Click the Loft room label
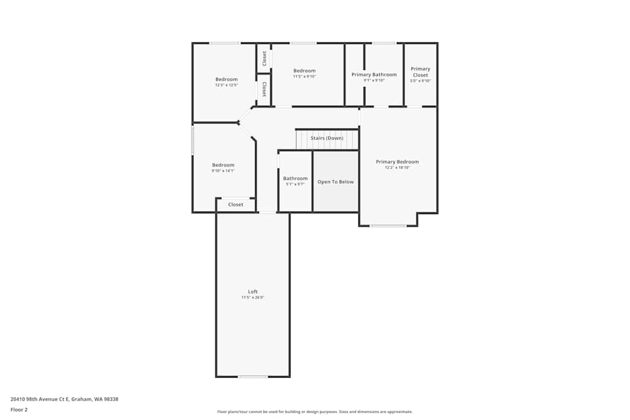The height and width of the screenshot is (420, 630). [x=253, y=292]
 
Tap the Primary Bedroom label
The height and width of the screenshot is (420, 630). [x=397, y=162]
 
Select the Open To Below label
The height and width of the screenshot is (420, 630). [x=335, y=182]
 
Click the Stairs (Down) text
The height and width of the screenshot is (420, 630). [x=327, y=138]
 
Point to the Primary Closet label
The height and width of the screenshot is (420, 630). [x=420, y=72]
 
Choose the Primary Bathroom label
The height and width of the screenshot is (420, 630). [x=374, y=74]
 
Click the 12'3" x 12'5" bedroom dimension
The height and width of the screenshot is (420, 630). [x=227, y=85]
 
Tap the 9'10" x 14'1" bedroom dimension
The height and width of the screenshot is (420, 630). [x=223, y=171]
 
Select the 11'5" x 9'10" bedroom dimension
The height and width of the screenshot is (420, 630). [x=304, y=76]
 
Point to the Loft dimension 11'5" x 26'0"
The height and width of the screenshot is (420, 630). [x=253, y=297]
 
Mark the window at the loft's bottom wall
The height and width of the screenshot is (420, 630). [x=253, y=377]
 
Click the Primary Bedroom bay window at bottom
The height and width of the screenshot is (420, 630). [x=388, y=225]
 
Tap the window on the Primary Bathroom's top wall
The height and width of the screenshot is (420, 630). [x=384, y=43]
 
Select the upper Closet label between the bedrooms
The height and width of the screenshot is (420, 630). [x=264, y=58]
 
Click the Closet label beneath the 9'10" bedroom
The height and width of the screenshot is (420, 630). [x=236, y=205]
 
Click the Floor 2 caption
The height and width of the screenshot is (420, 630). [x=19, y=409]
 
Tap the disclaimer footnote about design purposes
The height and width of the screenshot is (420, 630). [x=315, y=412]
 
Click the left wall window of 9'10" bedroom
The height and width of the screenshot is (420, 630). [x=193, y=140]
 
